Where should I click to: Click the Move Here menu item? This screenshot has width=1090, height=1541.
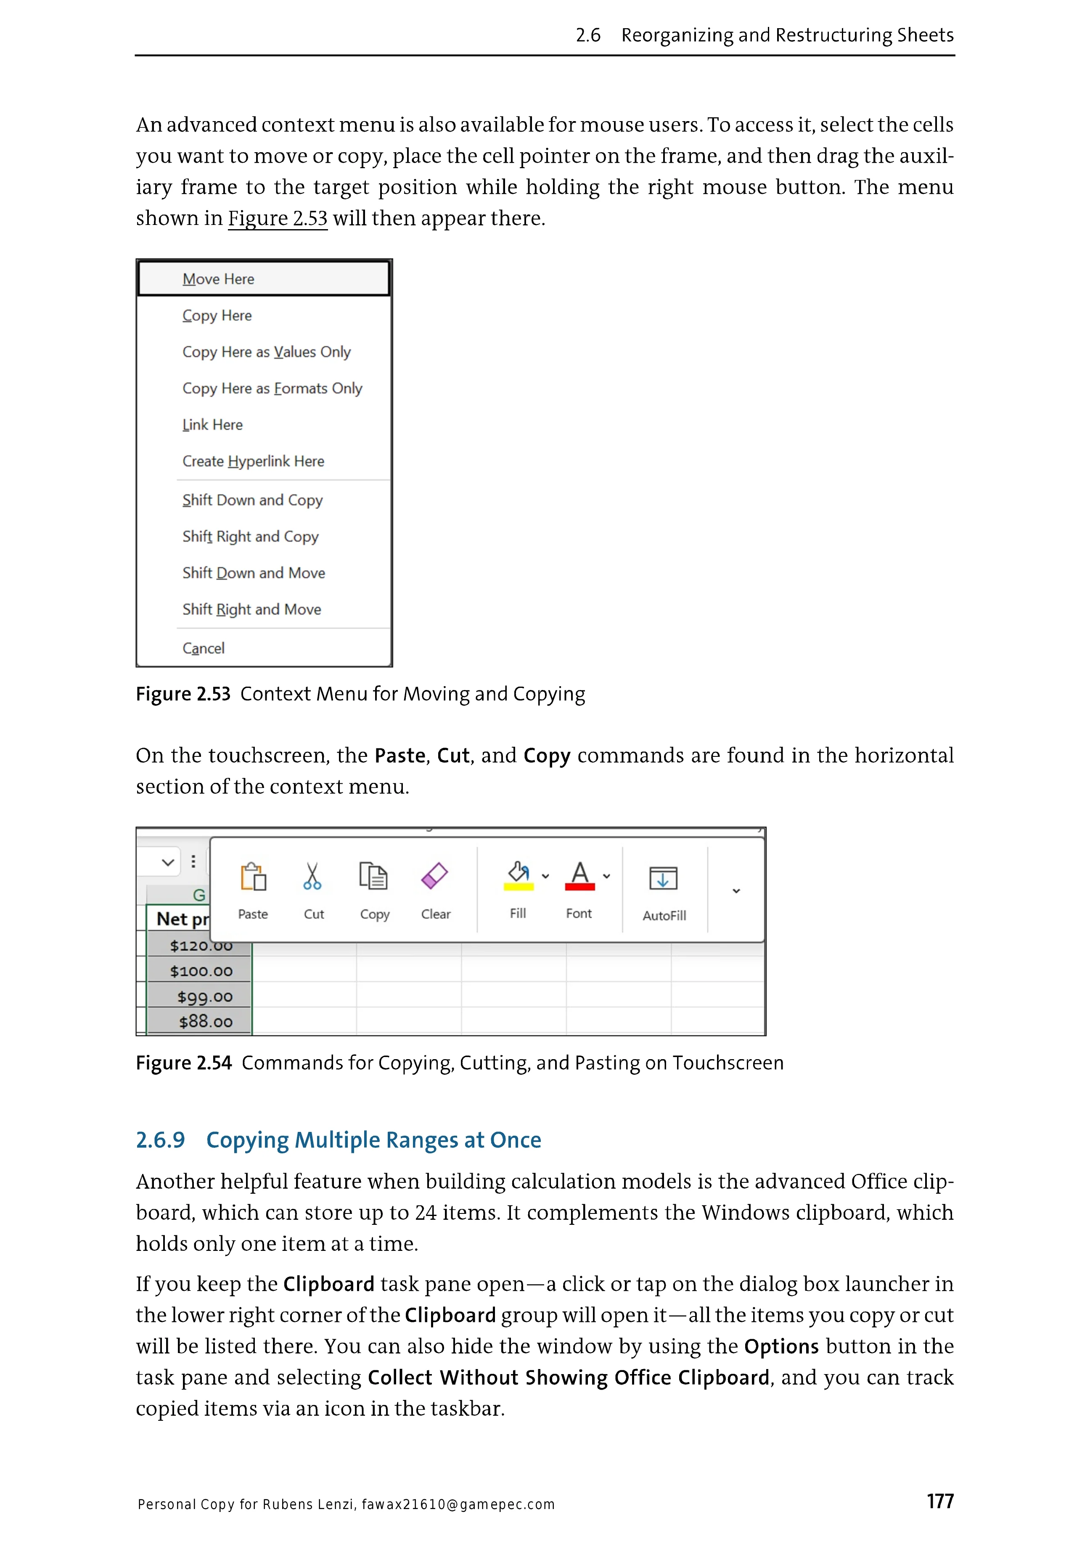click(218, 279)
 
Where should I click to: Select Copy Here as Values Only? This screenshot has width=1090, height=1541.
click(267, 352)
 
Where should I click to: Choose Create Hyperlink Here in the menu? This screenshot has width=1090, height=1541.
click(253, 462)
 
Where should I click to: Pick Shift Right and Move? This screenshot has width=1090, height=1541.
click(252, 609)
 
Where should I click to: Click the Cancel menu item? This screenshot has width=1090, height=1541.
click(204, 648)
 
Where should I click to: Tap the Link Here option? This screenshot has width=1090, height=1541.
click(212, 425)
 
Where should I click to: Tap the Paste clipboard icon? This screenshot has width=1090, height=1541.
click(253, 877)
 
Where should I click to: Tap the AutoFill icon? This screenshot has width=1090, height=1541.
click(663, 878)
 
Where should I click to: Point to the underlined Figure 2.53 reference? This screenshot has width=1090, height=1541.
click(277, 219)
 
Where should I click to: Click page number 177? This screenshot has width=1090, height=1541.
click(939, 1501)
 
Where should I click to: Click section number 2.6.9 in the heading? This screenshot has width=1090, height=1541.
click(160, 1140)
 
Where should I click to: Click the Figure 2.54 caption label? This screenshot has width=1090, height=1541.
click(183, 1063)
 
